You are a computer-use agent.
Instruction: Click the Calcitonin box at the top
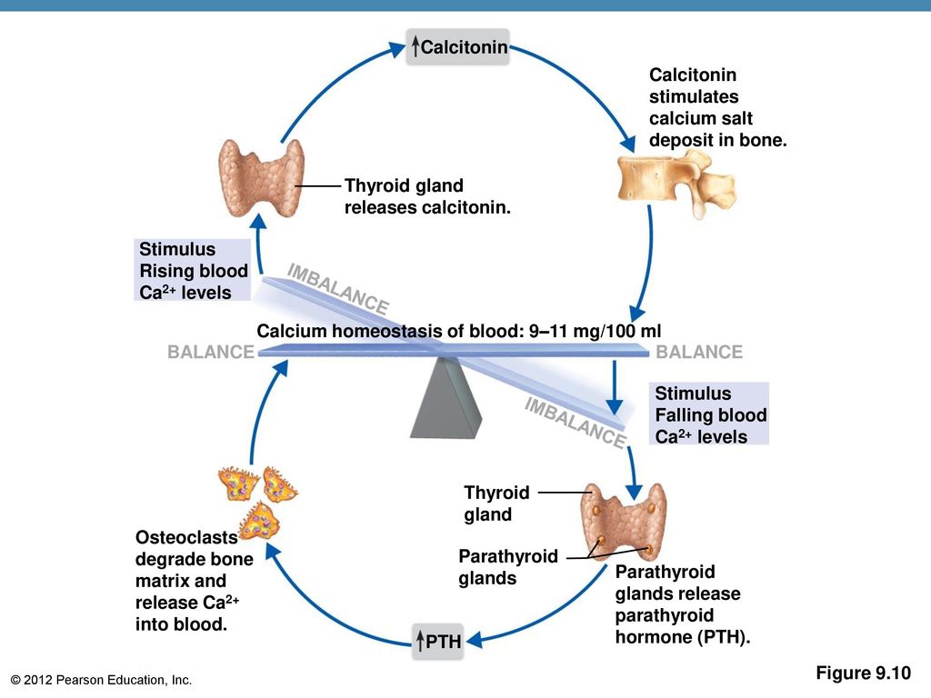(x=458, y=46)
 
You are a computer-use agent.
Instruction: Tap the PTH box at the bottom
(x=438, y=641)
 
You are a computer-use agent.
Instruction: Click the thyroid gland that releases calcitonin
(x=261, y=177)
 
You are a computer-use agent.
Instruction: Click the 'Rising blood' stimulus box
(x=193, y=270)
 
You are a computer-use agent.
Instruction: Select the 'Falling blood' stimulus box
(x=709, y=414)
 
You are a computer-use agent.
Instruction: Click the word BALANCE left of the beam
(x=211, y=352)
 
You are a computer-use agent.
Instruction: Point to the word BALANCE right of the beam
(x=699, y=352)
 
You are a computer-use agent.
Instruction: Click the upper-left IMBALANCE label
(x=338, y=288)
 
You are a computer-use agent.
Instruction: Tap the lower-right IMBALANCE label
(x=575, y=423)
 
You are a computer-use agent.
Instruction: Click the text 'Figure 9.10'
(x=864, y=673)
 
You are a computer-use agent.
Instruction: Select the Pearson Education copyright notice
(x=101, y=680)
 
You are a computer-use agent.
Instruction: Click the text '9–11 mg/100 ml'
(x=595, y=331)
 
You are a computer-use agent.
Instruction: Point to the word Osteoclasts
(x=186, y=537)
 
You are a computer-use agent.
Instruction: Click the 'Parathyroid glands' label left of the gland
(x=508, y=567)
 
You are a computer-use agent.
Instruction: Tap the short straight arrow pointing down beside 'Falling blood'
(x=615, y=387)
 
